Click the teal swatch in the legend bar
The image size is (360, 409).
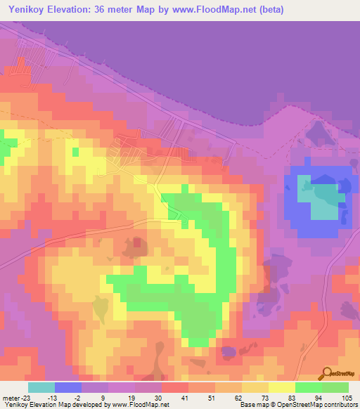pos(41,387)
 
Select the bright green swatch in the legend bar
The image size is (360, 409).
pos(308,387)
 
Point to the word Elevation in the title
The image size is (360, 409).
pos(78,10)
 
